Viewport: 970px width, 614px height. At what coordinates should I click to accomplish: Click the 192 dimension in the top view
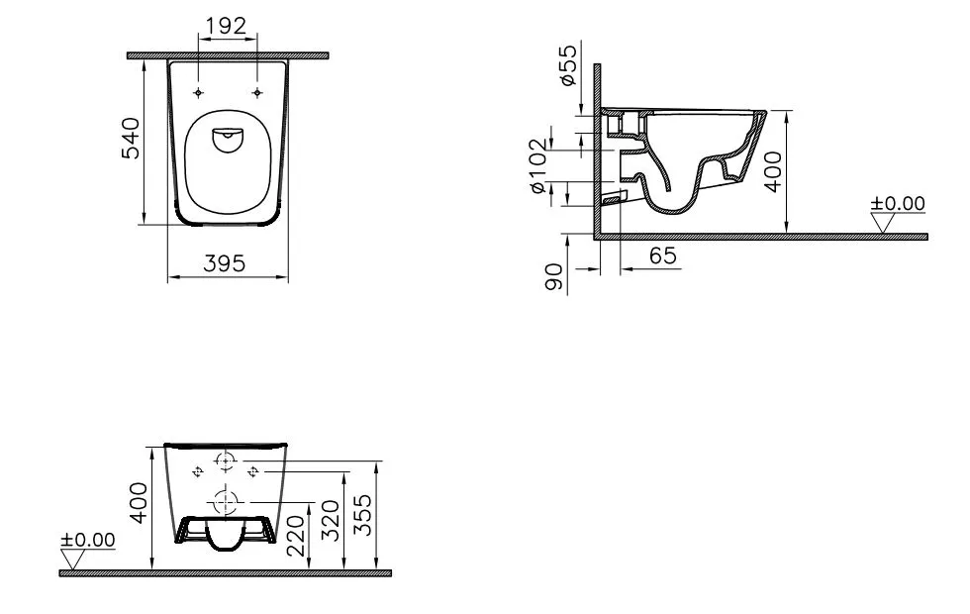pyautogui.click(x=227, y=27)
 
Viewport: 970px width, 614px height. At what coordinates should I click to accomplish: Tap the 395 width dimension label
pyautogui.click(x=225, y=263)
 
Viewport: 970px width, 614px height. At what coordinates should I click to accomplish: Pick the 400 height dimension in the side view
pyautogui.click(x=773, y=170)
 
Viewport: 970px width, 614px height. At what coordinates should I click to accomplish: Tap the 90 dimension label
pyautogui.click(x=555, y=277)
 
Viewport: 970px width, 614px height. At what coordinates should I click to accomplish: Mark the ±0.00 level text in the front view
pyautogui.click(x=87, y=540)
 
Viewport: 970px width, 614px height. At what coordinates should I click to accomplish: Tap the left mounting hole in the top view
pyautogui.click(x=199, y=92)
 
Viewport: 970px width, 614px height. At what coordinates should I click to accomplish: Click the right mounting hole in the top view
pyautogui.click(x=258, y=92)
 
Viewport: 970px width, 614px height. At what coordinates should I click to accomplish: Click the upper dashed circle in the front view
pyautogui.click(x=226, y=460)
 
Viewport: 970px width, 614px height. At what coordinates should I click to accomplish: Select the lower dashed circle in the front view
pyautogui.click(x=226, y=500)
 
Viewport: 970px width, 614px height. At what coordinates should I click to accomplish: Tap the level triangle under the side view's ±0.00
pyautogui.click(x=884, y=223)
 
